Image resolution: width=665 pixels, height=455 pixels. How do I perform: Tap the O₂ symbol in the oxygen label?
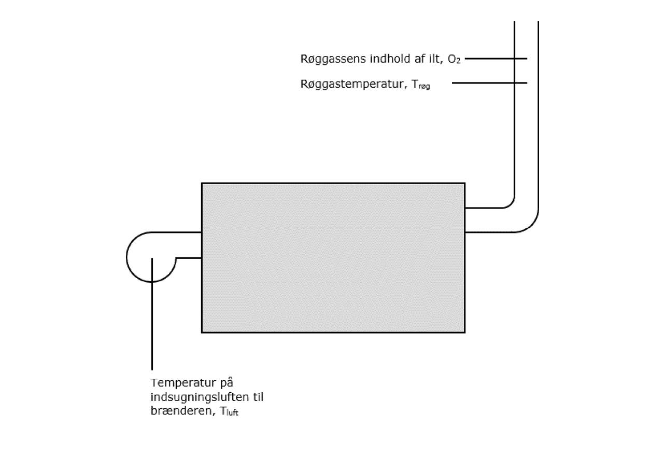(x=454, y=60)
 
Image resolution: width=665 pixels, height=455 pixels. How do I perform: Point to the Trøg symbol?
(x=421, y=85)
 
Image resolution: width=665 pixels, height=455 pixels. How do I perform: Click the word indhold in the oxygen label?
(x=388, y=59)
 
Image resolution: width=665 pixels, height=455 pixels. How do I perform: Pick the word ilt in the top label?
(x=435, y=59)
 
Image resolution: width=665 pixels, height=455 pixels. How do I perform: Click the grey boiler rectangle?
(x=333, y=257)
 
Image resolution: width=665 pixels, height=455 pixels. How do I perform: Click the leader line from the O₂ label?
(x=496, y=59)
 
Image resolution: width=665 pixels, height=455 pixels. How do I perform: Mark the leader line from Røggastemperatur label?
(x=489, y=83)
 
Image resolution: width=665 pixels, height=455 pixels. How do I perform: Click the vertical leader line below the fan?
(x=152, y=322)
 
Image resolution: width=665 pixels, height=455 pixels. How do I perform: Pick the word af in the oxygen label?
(x=418, y=59)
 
